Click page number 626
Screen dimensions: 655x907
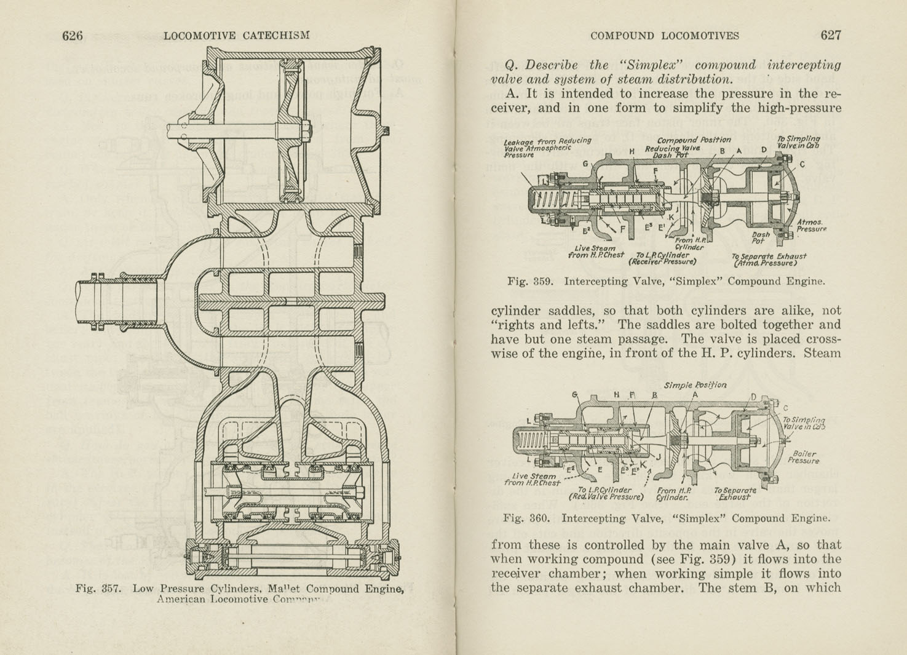pos(72,36)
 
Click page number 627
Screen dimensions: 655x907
pos(830,36)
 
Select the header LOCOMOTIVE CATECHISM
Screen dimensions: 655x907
pos(236,36)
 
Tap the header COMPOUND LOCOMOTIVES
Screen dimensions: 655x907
pos(664,36)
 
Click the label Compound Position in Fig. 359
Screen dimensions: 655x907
pos(693,140)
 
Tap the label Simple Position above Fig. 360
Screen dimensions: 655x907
pos(695,385)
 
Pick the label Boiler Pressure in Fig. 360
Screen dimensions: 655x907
pos(802,457)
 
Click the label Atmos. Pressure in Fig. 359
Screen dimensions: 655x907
pos(810,226)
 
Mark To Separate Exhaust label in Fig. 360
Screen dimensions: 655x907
pos(734,493)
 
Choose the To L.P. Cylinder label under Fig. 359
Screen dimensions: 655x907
pos(661,258)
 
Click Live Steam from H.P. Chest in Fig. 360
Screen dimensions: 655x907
pos(535,479)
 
